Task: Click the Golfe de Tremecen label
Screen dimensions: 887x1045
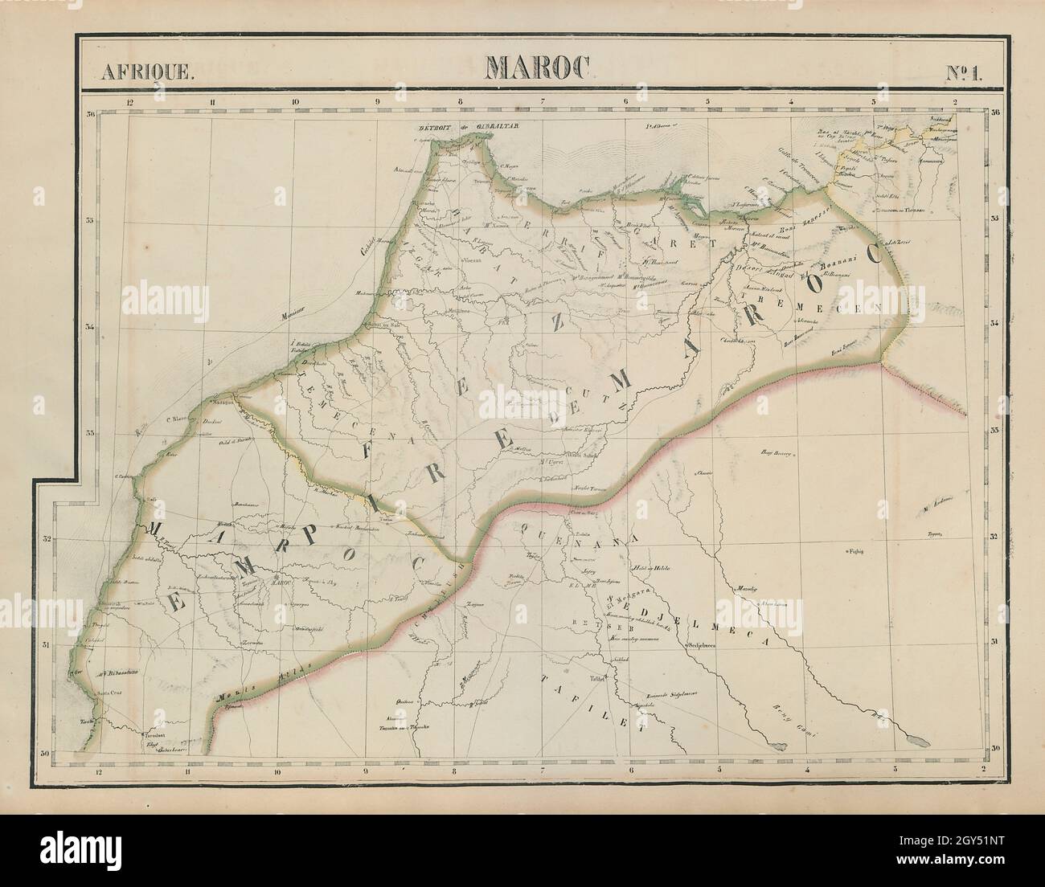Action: click(x=797, y=170)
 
